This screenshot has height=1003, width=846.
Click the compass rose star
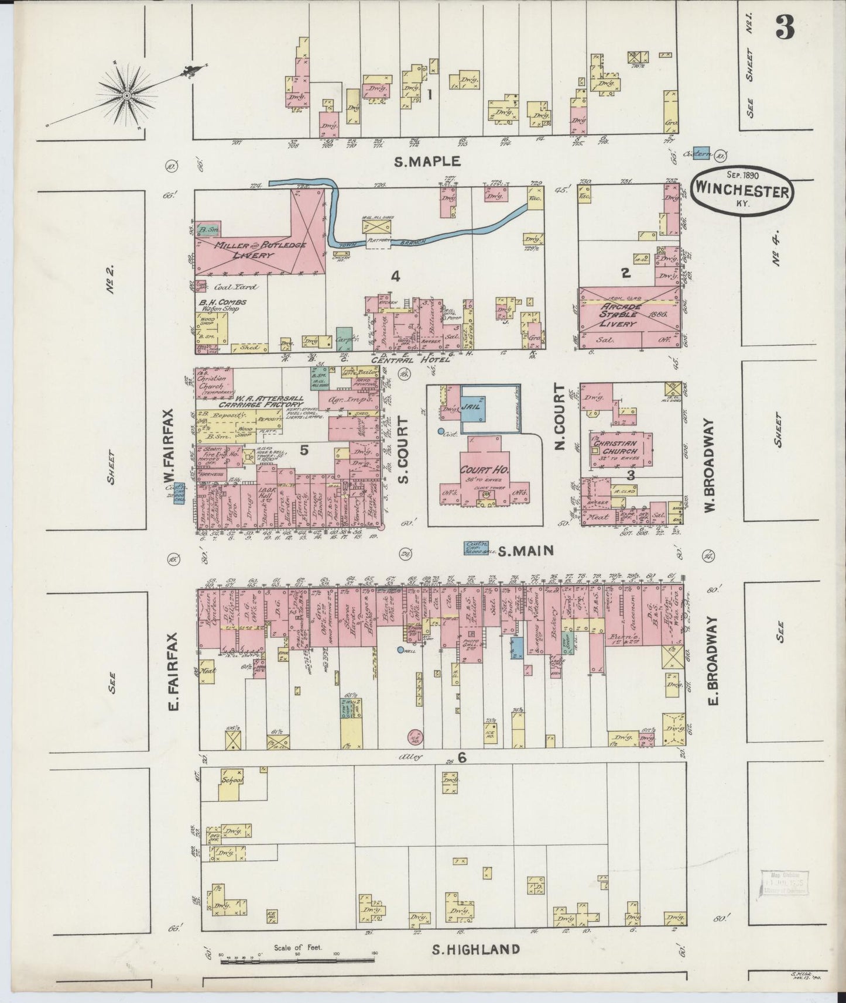(x=127, y=94)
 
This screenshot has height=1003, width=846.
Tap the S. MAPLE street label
(x=427, y=162)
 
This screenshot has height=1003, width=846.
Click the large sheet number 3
(x=785, y=27)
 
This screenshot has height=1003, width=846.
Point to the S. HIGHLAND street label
(x=475, y=949)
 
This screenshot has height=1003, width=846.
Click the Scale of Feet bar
(x=297, y=961)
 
